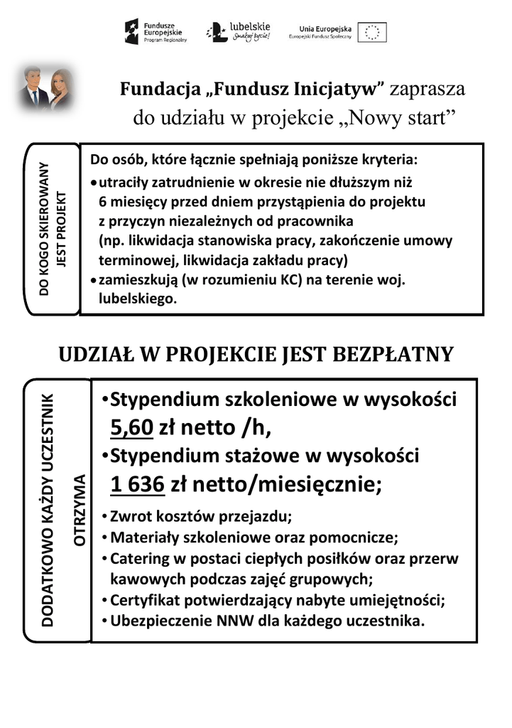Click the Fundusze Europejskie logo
point(156,32)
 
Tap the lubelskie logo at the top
point(238,32)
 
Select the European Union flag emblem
point(372,32)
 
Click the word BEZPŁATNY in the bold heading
point(390,354)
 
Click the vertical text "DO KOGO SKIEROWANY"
point(44,229)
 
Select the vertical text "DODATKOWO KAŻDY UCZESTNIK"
point(48,510)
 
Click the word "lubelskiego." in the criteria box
point(137,299)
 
